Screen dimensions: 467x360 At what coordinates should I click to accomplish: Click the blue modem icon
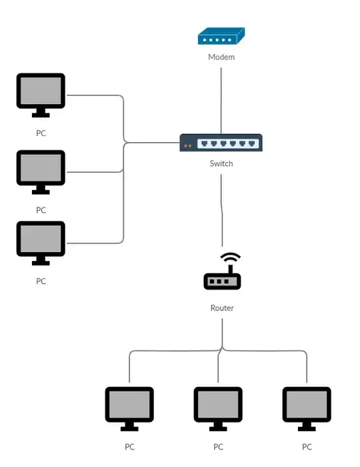point(221,36)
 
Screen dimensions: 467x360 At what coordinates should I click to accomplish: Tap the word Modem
point(221,57)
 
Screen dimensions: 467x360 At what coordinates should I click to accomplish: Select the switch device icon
point(221,143)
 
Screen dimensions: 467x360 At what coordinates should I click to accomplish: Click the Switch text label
point(221,163)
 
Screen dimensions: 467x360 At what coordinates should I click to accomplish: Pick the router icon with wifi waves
point(222,273)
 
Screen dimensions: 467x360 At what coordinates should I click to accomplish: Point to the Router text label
point(222,308)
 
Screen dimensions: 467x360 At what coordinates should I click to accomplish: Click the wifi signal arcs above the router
point(231,258)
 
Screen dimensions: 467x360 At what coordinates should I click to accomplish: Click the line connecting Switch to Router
point(221,210)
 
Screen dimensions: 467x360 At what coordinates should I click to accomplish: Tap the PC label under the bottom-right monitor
point(307,447)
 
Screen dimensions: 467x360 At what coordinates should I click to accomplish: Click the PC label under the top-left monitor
point(41,133)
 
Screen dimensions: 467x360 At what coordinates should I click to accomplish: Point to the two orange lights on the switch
point(187,145)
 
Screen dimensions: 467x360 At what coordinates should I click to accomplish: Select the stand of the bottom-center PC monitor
point(218,427)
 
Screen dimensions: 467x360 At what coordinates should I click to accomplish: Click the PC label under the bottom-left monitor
point(129,447)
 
